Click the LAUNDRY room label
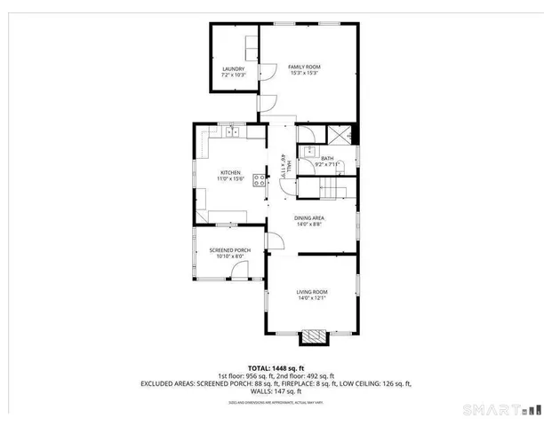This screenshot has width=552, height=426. tap(233, 67)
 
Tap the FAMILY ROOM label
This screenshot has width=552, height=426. tap(304, 67)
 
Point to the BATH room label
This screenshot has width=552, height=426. tap(327, 158)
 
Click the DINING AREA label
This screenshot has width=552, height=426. tap(309, 217)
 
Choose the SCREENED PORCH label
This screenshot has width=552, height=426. tap(229, 250)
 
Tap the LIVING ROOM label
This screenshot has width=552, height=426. tap(312, 292)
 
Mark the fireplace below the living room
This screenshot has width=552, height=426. tap(314, 336)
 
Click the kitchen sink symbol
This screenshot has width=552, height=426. tap(233, 132)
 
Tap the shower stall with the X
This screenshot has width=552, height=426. tap(340, 136)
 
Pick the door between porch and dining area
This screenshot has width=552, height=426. tap(276, 241)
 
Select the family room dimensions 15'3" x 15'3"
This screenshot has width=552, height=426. tap(304, 74)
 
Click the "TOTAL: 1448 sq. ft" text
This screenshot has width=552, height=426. tap(276, 367)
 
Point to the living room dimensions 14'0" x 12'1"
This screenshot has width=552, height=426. tap(312, 298)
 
